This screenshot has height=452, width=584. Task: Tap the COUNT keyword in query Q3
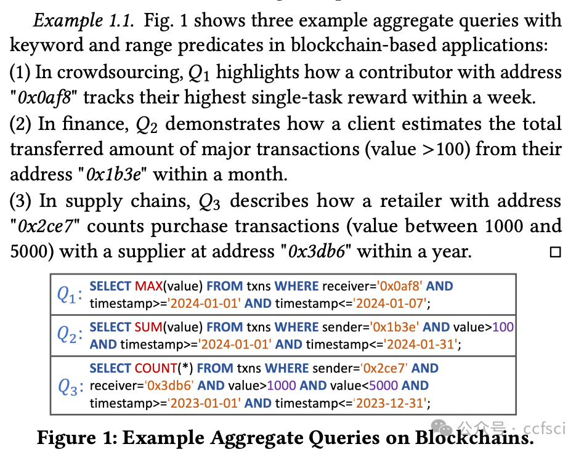point(156,368)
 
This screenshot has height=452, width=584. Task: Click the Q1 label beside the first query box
point(69,295)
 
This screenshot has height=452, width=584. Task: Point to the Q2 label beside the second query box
point(69,336)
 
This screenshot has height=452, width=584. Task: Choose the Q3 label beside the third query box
point(69,387)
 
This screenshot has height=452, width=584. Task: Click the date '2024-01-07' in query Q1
point(389,303)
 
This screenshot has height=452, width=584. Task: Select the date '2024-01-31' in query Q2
point(420,344)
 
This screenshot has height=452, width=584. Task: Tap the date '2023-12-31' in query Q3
point(389,403)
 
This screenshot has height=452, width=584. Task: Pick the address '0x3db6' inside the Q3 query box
point(169,386)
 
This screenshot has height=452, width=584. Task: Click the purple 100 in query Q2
point(503,328)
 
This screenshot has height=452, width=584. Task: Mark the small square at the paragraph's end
point(555,252)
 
